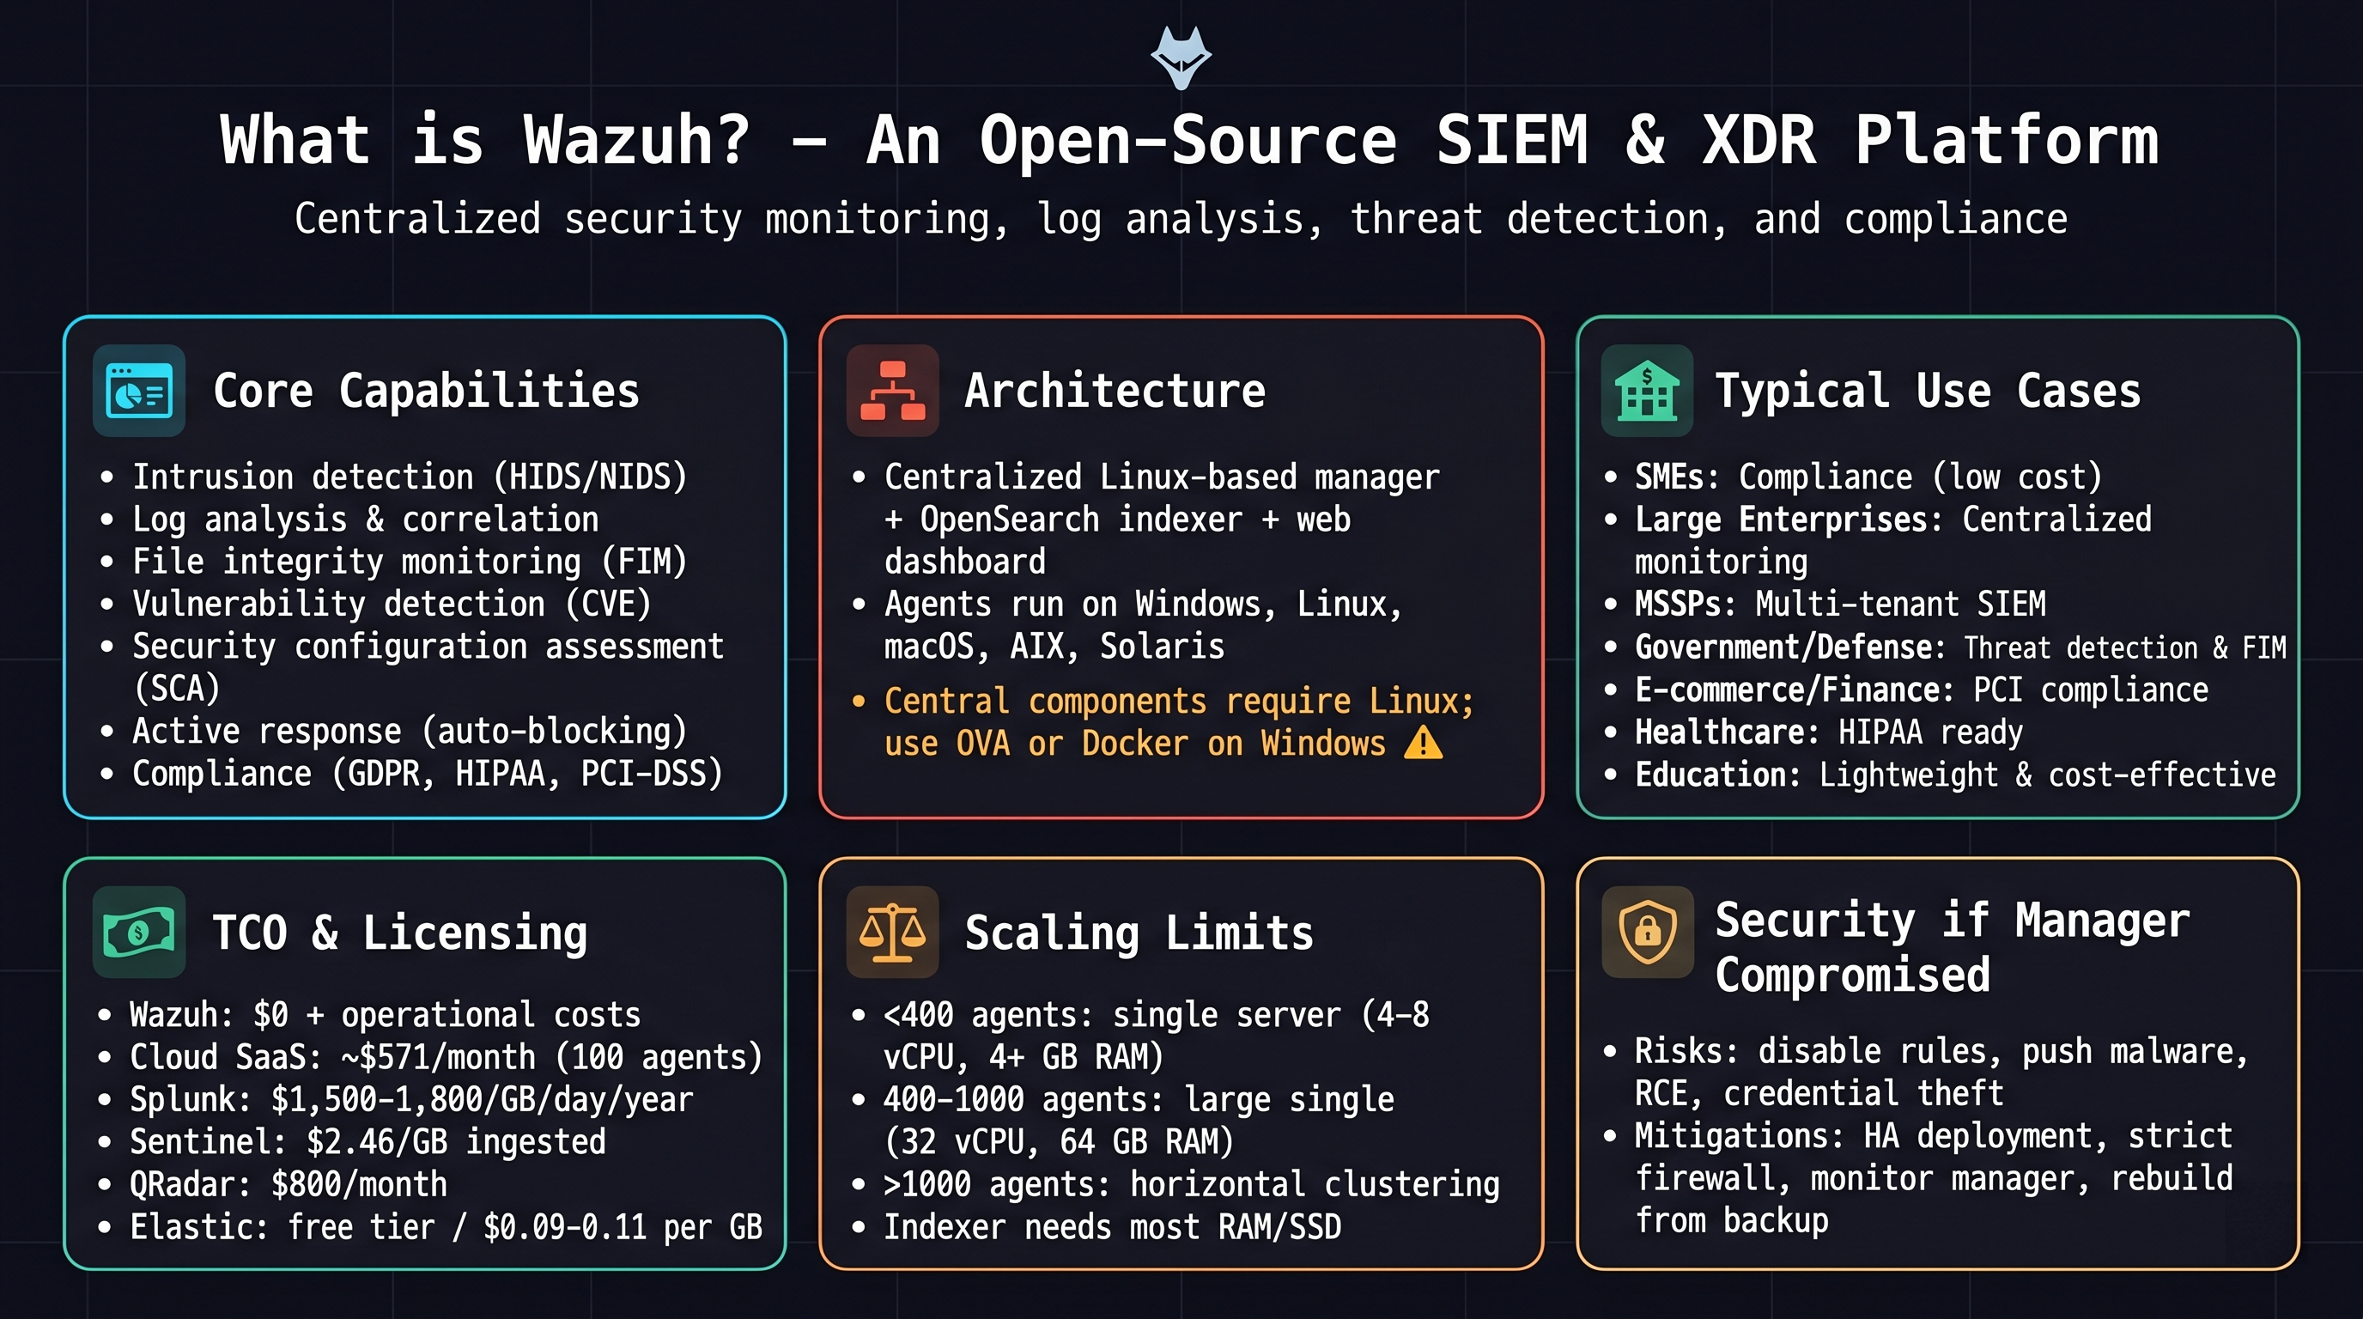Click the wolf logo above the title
1181,58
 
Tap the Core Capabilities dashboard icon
138,391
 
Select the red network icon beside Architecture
892,391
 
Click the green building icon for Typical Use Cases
1647,391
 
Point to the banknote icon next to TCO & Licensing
138,932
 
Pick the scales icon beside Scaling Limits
892,932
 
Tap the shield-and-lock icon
1647,932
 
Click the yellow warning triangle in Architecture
1423,743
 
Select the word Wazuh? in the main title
636,140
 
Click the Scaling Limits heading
1139,933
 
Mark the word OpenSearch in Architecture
1009,520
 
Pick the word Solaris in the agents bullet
1163,647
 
